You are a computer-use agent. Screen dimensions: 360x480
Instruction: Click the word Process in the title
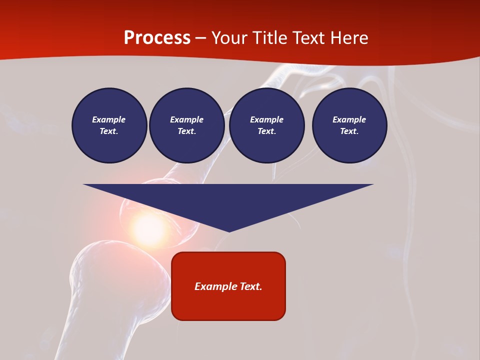pos(157,38)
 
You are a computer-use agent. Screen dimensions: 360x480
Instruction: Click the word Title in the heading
pos(268,38)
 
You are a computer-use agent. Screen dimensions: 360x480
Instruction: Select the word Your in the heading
pos(228,38)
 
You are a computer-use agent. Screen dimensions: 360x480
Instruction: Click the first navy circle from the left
pos(109,125)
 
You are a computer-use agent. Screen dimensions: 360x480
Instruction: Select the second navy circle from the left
pos(186,125)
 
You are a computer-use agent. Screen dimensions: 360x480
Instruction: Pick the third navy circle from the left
pos(266,125)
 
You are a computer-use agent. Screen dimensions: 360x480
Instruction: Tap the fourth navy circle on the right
pos(349,125)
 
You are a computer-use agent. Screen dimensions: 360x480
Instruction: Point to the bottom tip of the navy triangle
pos(229,231)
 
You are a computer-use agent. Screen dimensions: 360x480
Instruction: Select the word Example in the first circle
pos(109,119)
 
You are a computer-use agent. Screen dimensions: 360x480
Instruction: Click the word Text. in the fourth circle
pos(349,131)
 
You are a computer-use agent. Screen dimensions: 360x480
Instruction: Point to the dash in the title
pos(200,38)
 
